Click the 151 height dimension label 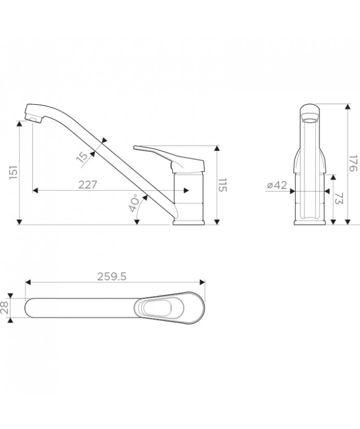14,173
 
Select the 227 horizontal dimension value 88,185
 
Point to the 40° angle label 135,203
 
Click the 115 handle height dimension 223,185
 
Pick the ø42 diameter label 277,185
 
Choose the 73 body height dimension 339,198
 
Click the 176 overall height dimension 354,163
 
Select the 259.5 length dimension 112,277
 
